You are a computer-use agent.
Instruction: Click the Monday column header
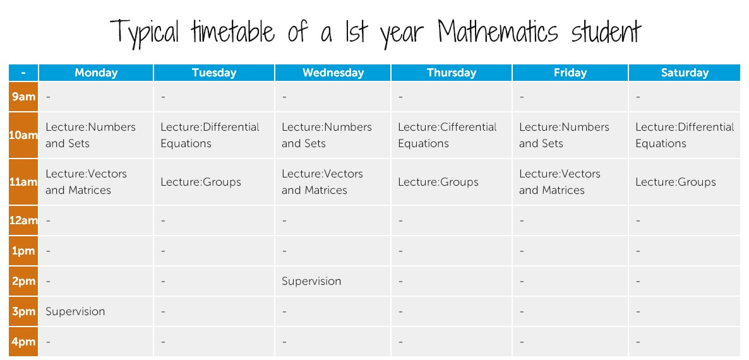96,73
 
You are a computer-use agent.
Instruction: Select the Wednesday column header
333,73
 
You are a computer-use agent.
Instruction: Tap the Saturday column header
685,73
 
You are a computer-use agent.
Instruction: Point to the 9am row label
23,97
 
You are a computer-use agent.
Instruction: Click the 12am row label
23,220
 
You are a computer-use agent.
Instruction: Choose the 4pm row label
23,342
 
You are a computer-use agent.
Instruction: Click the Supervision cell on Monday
75,311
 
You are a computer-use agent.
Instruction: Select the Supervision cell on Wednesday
311,281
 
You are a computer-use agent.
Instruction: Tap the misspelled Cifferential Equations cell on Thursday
447,135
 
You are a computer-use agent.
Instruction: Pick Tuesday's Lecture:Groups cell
201,182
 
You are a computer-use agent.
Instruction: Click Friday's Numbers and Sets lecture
564,135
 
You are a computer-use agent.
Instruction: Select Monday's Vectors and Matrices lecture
86,182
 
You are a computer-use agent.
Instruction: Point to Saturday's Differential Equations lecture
685,135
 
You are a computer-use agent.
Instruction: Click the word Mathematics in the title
498,32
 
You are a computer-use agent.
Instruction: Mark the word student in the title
606,32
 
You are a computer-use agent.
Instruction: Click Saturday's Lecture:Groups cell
676,182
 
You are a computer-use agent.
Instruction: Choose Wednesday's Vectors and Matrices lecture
322,182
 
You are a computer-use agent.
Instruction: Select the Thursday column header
452,73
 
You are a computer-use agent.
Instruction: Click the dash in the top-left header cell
23,73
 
